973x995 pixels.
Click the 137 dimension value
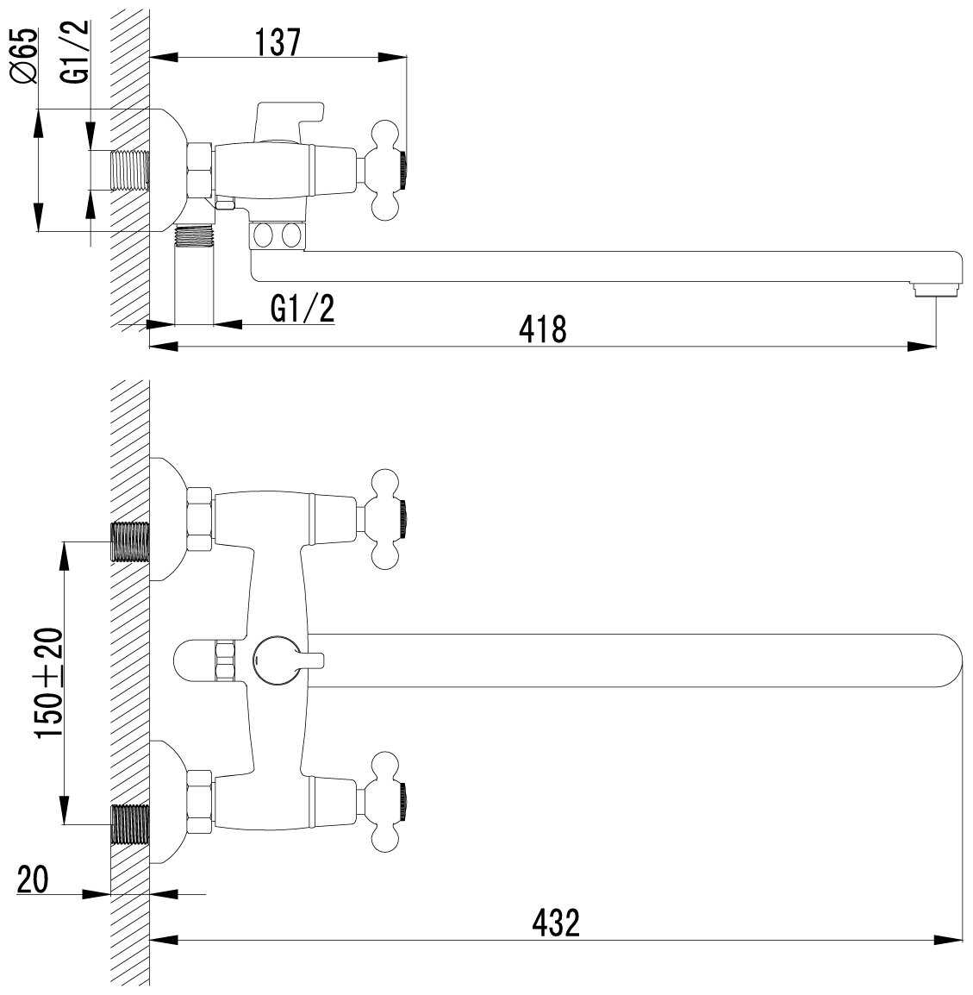pyautogui.click(x=278, y=42)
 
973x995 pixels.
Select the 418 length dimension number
pyautogui.click(x=542, y=329)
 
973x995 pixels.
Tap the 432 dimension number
pyautogui.click(x=556, y=923)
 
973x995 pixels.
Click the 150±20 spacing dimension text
pyautogui.click(x=49, y=683)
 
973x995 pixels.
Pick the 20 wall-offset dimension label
pyautogui.click(x=33, y=880)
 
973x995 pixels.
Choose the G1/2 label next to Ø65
pyautogui.click(x=75, y=52)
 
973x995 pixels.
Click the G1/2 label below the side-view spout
pyautogui.click(x=302, y=309)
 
